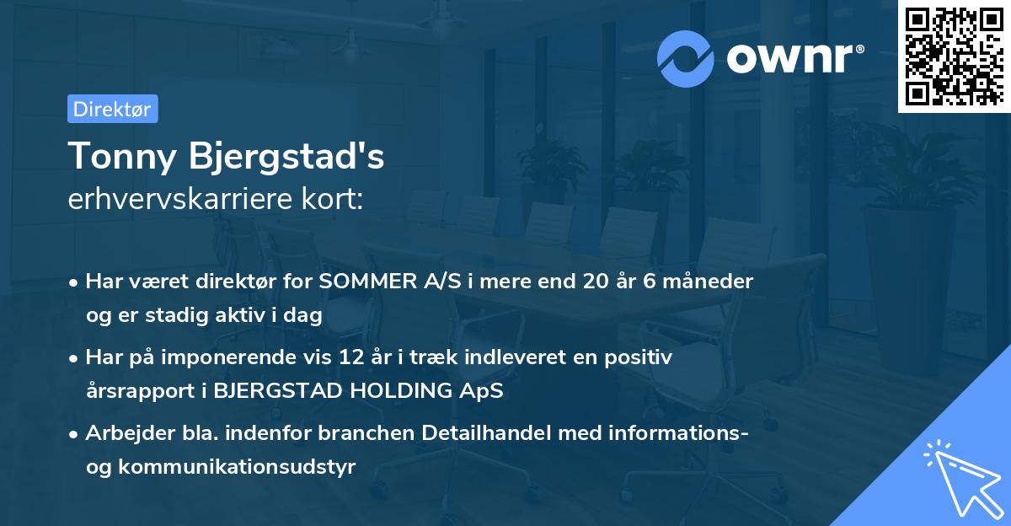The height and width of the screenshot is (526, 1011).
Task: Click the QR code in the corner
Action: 954,56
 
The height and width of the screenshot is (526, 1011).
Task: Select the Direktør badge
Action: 112,109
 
